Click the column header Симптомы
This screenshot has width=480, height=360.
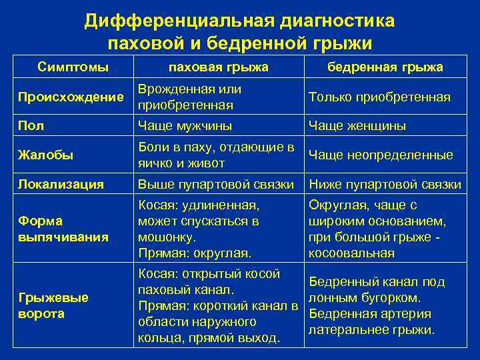(x=73, y=67)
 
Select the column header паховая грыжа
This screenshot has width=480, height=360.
(x=219, y=67)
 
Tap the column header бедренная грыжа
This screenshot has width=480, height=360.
(x=385, y=67)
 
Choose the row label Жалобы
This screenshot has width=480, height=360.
(x=45, y=155)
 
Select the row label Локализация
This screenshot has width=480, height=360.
(x=61, y=184)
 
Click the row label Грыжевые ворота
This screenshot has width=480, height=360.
(x=53, y=305)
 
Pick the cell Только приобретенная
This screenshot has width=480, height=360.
(x=379, y=97)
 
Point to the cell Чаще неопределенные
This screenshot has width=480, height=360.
(x=381, y=155)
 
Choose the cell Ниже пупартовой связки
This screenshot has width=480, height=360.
(x=385, y=184)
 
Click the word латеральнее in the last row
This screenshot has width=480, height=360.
(x=344, y=330)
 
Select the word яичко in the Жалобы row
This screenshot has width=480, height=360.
(x=153, y=163)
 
